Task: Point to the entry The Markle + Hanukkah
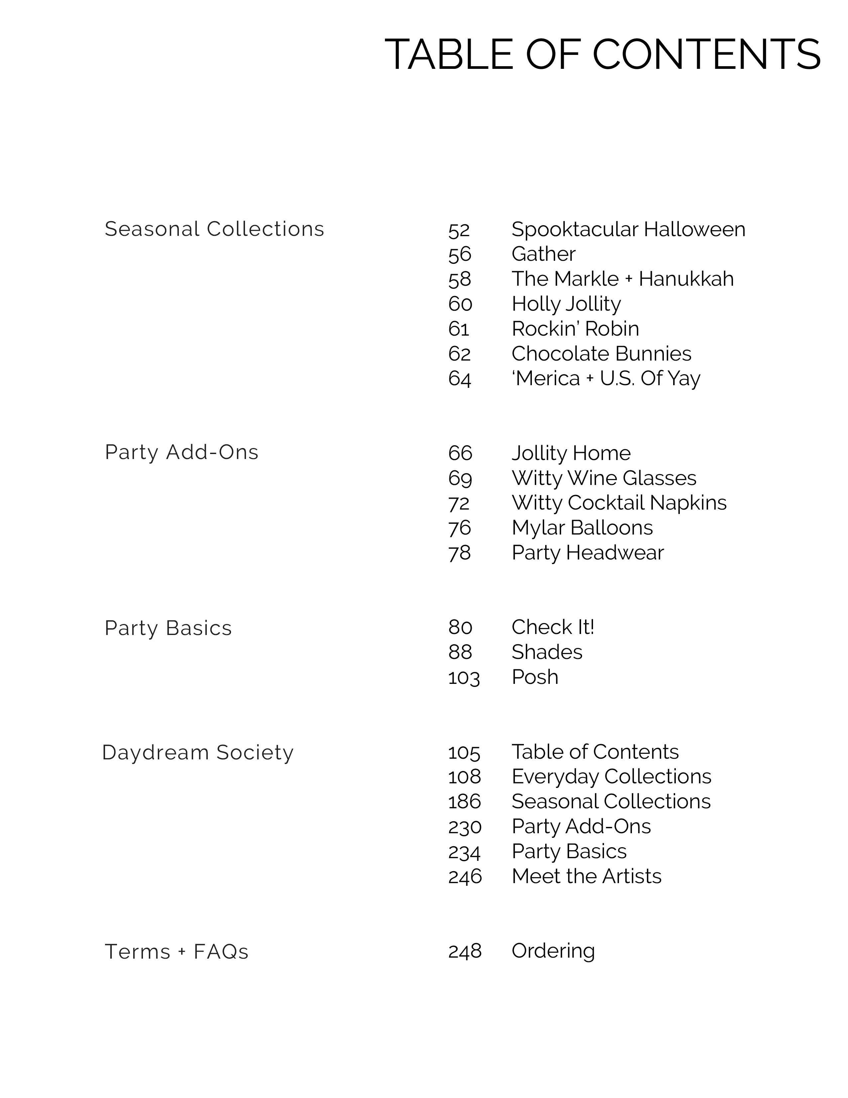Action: click(x=622, y=279)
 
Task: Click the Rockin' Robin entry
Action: click(x=575, y=329)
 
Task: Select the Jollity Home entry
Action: click(x=571, y=453)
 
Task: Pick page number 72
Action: click(x=459, y=504)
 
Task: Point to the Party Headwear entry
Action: click(x=588, y=553)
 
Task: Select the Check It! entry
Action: click(x=552, y=627)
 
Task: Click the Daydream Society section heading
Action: click(x=197, y=753)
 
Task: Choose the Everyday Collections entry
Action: click(x=611, y=777)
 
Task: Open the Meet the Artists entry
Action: click(x=586, y=877)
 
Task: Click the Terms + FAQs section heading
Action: click(x=176, y=952)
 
